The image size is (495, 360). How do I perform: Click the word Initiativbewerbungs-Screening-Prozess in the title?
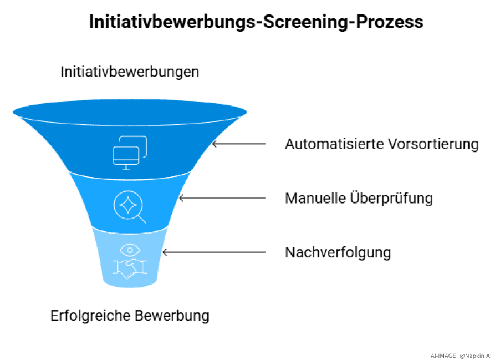256,22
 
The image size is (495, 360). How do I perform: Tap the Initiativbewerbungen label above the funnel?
130,72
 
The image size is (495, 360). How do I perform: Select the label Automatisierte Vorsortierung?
381,144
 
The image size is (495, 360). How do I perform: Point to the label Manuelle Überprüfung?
359,198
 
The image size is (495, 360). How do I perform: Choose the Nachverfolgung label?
338,252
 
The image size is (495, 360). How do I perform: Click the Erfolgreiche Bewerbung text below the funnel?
130,316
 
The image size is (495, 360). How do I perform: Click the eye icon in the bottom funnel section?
130,249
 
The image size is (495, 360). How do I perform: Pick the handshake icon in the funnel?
130,267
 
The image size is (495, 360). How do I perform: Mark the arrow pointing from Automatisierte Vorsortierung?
238,144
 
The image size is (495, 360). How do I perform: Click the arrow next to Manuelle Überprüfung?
222,198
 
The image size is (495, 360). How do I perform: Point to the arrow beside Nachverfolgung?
213,252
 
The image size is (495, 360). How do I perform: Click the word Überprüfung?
393,198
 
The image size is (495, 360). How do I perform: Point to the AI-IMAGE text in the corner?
443,355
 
